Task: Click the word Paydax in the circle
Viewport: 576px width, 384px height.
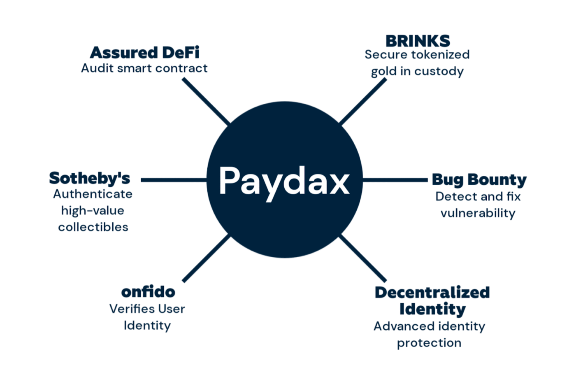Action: [284, 183]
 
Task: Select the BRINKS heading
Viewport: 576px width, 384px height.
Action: [418, 41]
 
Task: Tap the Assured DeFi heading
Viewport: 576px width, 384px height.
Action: [144, 53]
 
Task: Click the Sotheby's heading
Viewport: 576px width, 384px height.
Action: [90, 178]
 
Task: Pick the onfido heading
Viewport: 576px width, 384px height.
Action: [148, 292]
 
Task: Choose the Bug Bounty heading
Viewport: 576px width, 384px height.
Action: [479, 180]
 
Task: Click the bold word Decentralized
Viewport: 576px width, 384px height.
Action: [432, 293]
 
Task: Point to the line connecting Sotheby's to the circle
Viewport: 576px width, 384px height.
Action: [174, 180]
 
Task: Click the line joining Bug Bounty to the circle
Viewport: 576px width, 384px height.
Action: [395, 180]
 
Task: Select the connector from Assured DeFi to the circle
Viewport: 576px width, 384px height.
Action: [206, 101]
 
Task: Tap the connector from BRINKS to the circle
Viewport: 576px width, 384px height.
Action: [363, 101]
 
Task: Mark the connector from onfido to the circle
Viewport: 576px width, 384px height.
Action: [206, 258]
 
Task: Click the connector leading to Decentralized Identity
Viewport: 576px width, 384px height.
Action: [363, 258]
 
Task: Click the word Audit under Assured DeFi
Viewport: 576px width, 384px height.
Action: [98, 68]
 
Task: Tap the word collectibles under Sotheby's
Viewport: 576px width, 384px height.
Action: [93, 227]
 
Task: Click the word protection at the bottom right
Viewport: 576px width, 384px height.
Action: [429, 343]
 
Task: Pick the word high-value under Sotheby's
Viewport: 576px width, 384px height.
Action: [93, 211]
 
